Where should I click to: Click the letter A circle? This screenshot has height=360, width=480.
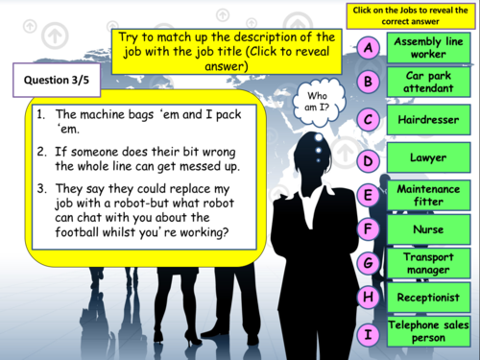[369, 48]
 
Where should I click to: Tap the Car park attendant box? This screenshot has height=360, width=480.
[427, 82]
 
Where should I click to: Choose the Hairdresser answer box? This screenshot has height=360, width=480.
[427, 120]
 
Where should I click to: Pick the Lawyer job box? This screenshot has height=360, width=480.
[427, 159]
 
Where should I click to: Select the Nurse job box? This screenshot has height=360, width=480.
[427, 229]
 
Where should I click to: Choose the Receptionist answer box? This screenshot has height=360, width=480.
[427, 297]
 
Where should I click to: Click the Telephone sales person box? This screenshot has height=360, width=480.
[427, 332]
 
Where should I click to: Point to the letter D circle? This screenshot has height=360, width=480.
[369, 161]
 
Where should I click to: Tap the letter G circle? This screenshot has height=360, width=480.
[369, 262]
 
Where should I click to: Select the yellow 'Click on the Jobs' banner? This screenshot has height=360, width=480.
[415, 15]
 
